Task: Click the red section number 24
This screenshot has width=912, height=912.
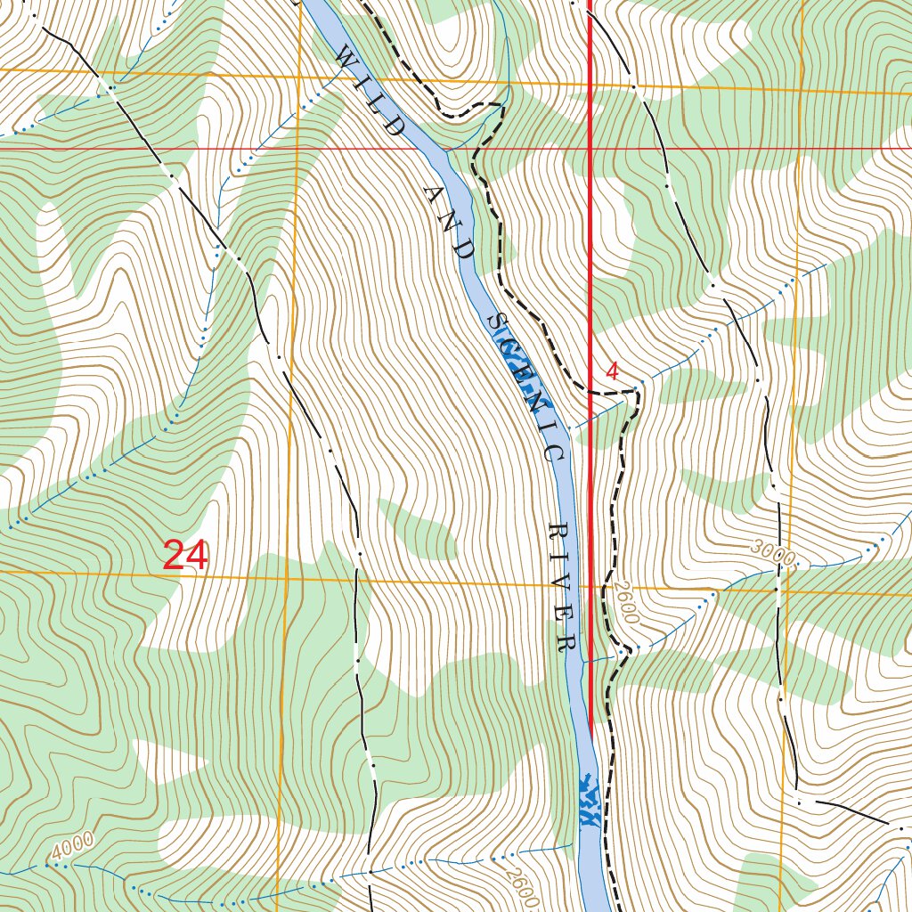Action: click(186, 556)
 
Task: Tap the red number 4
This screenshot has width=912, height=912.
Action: click(612, 371)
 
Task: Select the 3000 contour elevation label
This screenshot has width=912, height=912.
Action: click(771, 552)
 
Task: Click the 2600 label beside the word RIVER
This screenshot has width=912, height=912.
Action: click(625, 604)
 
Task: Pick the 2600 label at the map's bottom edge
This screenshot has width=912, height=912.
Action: click(519, 885)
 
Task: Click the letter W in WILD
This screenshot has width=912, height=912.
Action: click(342, 57)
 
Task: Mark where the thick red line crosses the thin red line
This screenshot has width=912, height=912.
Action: click(591, 148)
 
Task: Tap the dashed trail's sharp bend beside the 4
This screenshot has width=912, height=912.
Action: click(638, 392)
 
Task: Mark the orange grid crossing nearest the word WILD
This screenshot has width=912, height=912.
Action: click(297, 77)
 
